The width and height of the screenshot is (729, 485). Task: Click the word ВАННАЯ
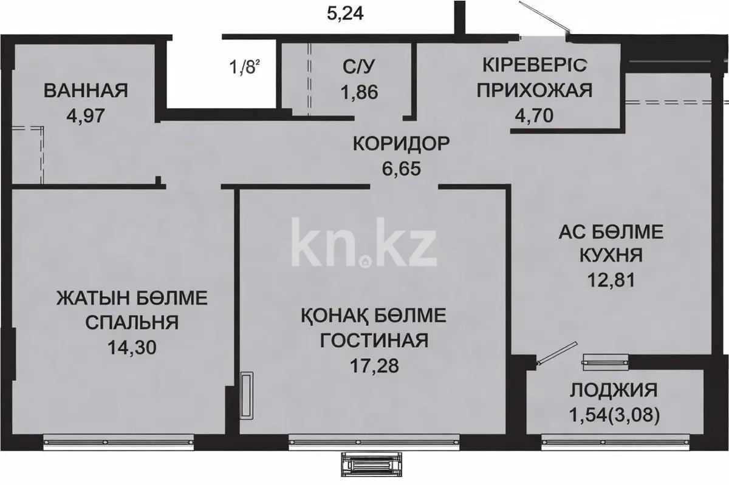(86, 91)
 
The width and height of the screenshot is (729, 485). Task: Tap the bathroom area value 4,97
(86, 115)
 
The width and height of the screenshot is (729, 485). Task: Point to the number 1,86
(359, 92)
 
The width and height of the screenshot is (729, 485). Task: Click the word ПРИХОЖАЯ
(534, 91)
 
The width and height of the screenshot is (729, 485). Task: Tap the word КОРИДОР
(402, 144)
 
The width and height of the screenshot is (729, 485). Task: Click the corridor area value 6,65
(402, 167)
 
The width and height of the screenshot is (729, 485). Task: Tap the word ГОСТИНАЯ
(374, 340)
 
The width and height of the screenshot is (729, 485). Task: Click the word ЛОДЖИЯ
(614, 390)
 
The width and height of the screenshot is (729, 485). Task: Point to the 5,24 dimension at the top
(345, 13)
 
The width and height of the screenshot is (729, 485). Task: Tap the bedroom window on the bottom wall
(119, 442)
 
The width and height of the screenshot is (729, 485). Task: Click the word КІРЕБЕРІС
(535, 66)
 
